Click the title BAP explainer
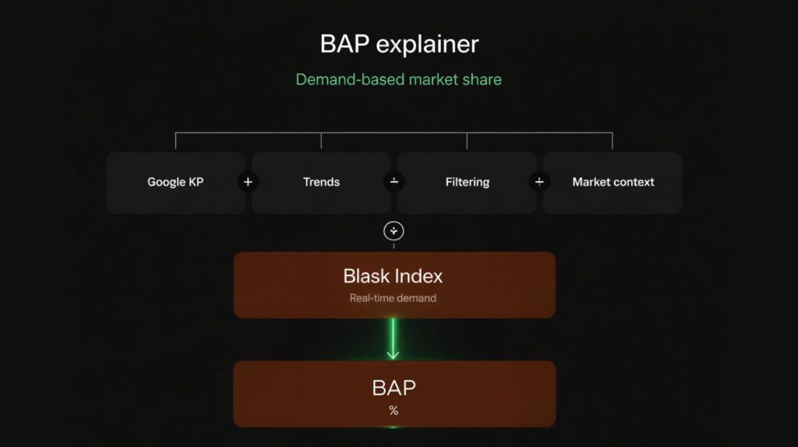pos(399,44)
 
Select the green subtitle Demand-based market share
pos(398,80)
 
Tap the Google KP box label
pos(175,182)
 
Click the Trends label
pos(321,182)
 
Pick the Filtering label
pos(468,182)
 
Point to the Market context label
pos(613,182)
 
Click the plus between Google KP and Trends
pos(248,182)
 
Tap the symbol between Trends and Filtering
pos(394,182)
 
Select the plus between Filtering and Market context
pos(539,182)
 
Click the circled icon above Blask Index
pos(394,231)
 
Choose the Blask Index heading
pos(393,276)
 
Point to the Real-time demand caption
pos(393,298)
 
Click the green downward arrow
pos(393,339)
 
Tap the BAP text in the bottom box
pos(394,388)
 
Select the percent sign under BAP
pos(394,411)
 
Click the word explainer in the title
pos(428,44)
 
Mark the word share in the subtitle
pos(482,80)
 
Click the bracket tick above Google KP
pos(175,140)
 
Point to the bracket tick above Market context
pos(613,140)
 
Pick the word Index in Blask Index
pos(419,276)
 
